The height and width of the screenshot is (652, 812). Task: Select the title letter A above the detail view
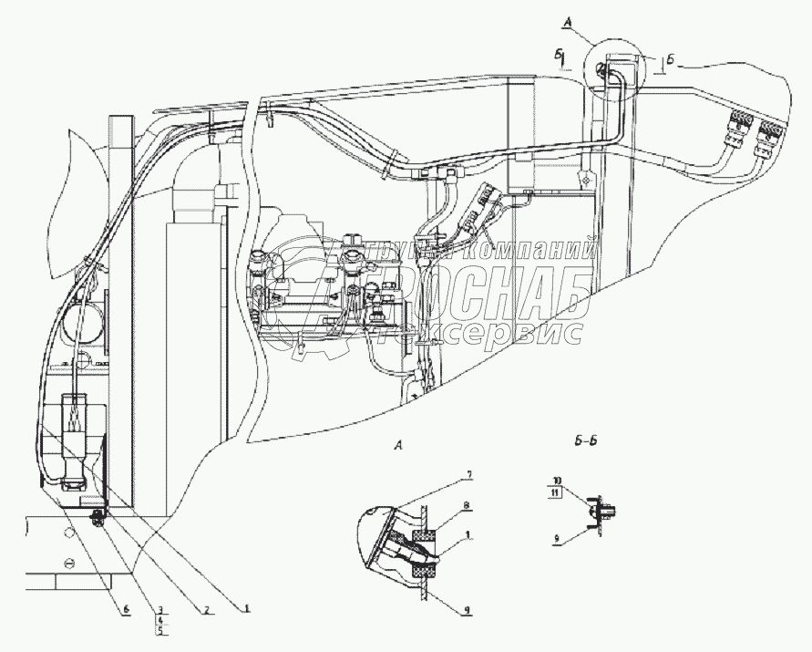(398, 444)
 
